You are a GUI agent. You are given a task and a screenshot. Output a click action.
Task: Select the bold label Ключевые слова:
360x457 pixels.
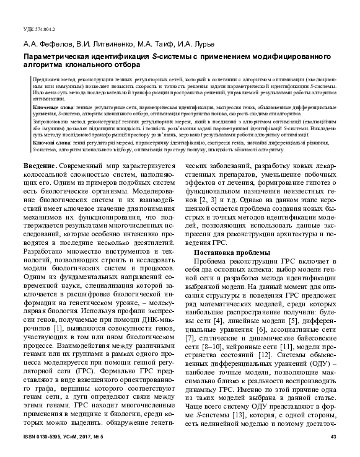[51, 107]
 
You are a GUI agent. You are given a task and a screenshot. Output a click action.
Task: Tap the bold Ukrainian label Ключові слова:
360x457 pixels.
[50, 142]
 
